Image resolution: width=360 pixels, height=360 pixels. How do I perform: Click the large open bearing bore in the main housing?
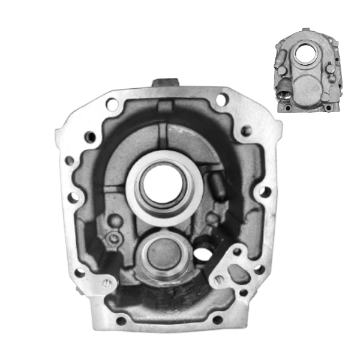[x=161, y=184]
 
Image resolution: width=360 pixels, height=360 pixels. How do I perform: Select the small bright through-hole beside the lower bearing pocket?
[x=202, y=253]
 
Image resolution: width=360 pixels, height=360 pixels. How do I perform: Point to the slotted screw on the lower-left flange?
[x=107, y=284]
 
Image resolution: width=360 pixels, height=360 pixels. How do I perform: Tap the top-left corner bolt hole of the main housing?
[x=112, y=104]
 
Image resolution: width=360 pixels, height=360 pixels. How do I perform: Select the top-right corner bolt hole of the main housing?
[x=221, y=100]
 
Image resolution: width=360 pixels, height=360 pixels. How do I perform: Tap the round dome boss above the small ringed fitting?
[x=116, y=222]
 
